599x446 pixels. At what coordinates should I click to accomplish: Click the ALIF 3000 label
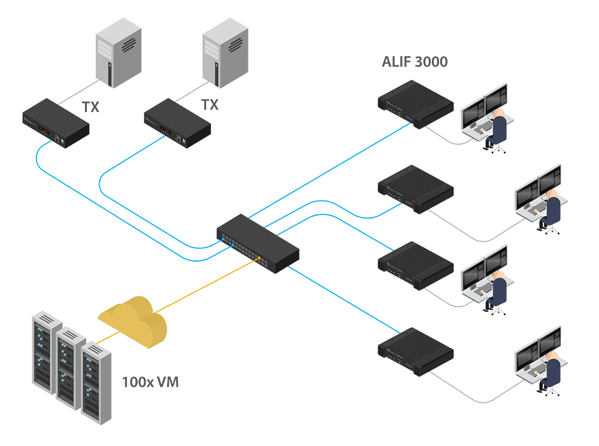point(414,62)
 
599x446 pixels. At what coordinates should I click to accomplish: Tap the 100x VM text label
point(150,381)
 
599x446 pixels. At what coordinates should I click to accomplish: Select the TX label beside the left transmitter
point(92,108)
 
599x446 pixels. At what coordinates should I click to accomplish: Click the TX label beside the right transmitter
point(210,105)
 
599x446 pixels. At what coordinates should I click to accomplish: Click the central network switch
point(258,242)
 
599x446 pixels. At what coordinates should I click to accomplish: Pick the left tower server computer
point(119,51)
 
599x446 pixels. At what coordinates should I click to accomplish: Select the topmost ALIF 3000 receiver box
point(415,104)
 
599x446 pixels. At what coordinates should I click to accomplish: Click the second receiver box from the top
point(415,189)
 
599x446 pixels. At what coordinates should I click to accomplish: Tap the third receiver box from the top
point(415,265)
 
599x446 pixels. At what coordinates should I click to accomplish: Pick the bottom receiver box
point(415,351)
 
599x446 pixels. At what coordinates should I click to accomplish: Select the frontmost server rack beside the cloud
point(96,383)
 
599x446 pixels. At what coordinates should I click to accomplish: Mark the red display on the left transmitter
point(44,130)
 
